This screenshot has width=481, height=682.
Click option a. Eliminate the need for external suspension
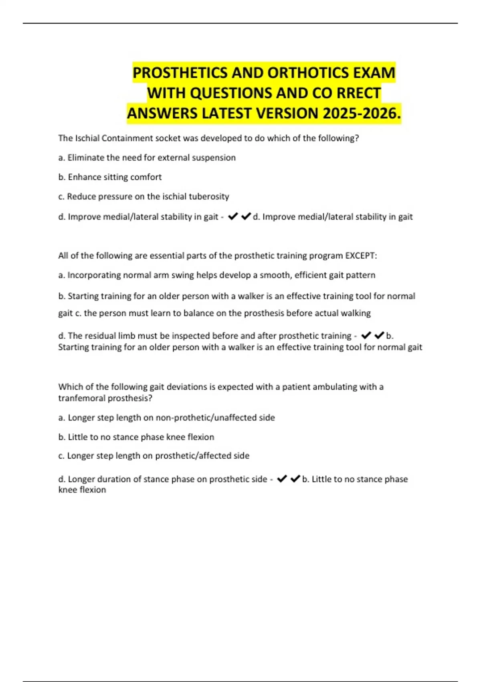(147, 158)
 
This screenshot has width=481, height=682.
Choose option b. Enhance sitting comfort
(110, 177)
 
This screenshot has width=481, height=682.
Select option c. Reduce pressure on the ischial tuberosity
(143, 197)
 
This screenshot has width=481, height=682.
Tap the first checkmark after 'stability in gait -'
(232, 217)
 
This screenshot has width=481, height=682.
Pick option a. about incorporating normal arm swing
(216, 275)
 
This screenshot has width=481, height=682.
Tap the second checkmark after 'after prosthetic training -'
(379, 335)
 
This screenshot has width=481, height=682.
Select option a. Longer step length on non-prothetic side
(166, 418)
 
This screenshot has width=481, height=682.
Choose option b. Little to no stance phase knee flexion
(136, 437)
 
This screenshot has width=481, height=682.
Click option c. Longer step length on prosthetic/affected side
(154, 456)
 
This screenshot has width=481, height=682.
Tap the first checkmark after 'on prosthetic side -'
(282, 479)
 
